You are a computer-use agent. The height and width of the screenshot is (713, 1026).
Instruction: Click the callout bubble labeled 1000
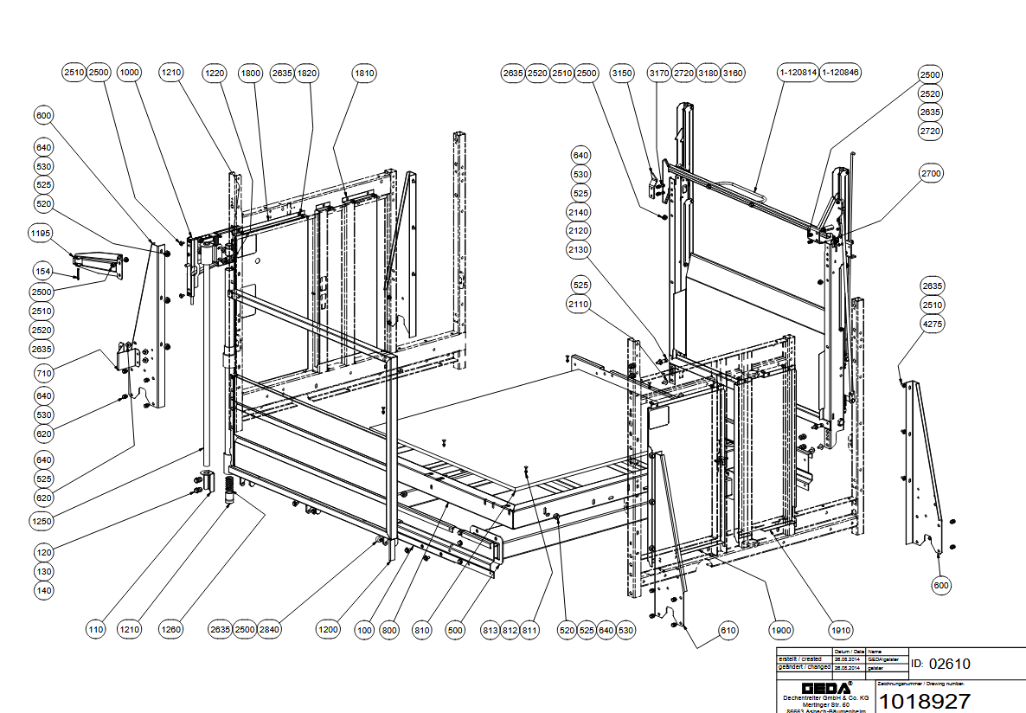click(x=130, y=74)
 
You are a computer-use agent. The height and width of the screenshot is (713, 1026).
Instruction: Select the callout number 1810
click(x=364, y=74)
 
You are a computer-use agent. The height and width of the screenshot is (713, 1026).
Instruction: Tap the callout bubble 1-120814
click(x=798, y=74)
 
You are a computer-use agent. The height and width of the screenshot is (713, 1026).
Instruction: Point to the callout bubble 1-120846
click(x=840, y=74)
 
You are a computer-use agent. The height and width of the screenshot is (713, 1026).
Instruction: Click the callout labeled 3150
click(x=622, y=74)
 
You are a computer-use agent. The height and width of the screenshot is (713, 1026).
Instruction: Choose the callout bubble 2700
click(x=931, y=174)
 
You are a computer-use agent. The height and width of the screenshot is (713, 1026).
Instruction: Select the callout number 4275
click(x=932, y=324)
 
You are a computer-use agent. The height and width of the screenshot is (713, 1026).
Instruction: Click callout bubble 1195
click(x=41, y=234)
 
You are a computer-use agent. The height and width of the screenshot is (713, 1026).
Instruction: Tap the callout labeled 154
click(x=43, y=272)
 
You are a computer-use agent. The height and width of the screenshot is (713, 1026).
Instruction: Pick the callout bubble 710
click(x=43, y=374)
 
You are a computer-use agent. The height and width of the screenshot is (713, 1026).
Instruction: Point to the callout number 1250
click(x=43, y=522)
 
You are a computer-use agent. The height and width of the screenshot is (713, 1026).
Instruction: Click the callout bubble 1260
click(x=170, y=630)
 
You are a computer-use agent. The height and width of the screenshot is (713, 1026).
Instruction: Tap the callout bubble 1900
click(x=781, y=630)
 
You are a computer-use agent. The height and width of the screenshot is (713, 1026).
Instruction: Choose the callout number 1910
click(x=838, y=630)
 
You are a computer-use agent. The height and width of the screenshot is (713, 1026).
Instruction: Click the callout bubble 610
click(x=728, y=630)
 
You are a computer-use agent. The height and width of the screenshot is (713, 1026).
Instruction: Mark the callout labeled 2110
click(x=579, y=305)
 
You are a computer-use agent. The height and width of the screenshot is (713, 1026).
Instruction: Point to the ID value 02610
click(x=949, y=665)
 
